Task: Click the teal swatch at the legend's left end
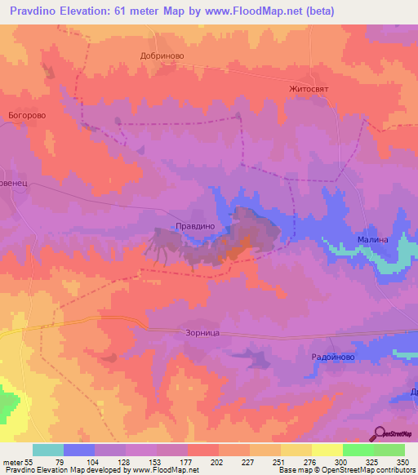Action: tap(48, 450)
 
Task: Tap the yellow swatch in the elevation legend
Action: tap(327, 450)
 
